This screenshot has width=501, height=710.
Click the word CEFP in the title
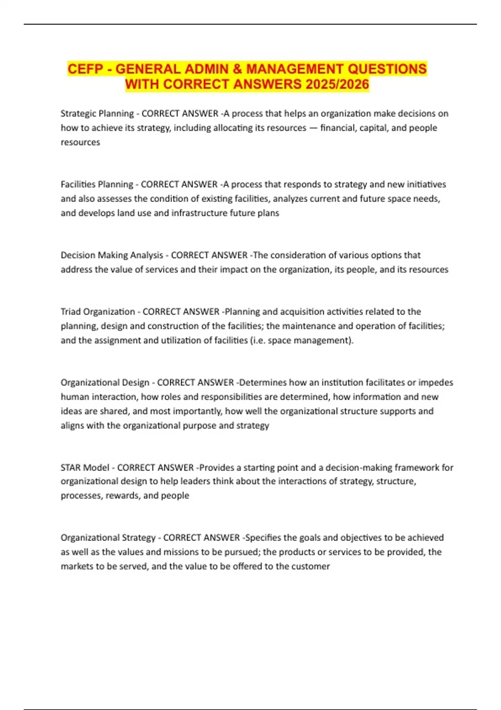coord(85,69)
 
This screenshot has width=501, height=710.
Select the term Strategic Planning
coord(97,114)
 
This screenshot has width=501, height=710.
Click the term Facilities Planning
coord(96,184)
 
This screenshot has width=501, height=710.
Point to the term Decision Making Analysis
coord(112,255)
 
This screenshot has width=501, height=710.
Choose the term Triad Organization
coord(98,312)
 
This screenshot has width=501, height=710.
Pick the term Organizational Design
coord(105,383)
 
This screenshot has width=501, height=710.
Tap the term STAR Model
coord(85,467)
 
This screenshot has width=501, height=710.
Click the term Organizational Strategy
coord(108,538)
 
